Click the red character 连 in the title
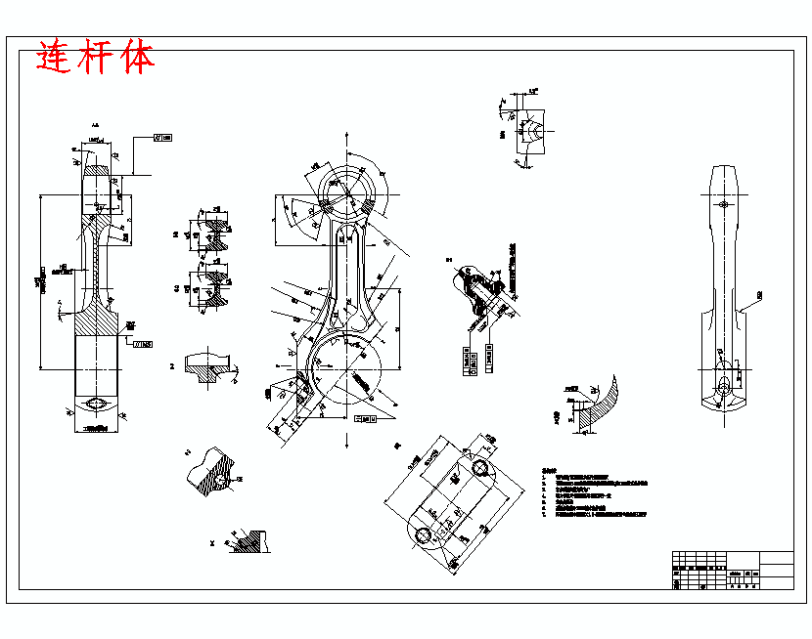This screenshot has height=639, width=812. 55,58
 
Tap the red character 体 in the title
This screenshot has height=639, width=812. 137,58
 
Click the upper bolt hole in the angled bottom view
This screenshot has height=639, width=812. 480,468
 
